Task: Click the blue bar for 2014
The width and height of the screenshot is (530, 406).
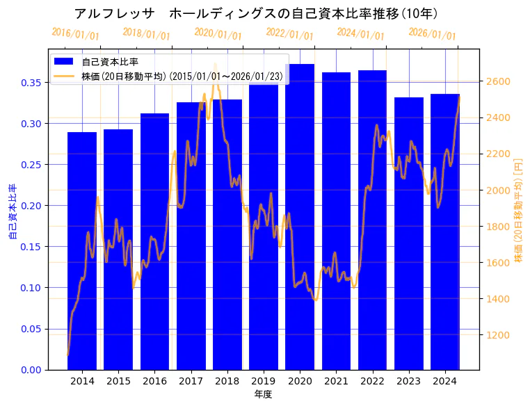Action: [82, 250]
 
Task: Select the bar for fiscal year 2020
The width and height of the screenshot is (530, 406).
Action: [300, 216]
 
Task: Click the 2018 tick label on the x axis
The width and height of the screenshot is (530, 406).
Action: [227, 381]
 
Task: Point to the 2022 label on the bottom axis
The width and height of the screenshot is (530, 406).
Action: [373, 381]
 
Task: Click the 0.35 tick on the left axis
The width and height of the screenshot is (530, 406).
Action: [31, 83]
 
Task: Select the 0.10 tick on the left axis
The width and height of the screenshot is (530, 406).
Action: [31, 288]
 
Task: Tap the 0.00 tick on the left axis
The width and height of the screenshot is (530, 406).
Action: [31, 370]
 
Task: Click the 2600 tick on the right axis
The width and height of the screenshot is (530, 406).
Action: [499, 81]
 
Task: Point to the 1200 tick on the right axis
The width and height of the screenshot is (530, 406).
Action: [499, 335]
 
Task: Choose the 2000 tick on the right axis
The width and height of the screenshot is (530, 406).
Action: [499, 190]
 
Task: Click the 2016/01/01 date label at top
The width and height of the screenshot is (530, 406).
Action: [75, 33]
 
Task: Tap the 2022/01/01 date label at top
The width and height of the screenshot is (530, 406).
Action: [289, 34]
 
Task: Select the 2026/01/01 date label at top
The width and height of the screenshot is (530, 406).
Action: [432, 33]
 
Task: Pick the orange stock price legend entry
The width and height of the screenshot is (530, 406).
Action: [182, 76]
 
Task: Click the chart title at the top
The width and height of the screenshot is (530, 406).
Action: [255, 13]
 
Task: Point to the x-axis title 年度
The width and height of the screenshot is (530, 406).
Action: [263, 394]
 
